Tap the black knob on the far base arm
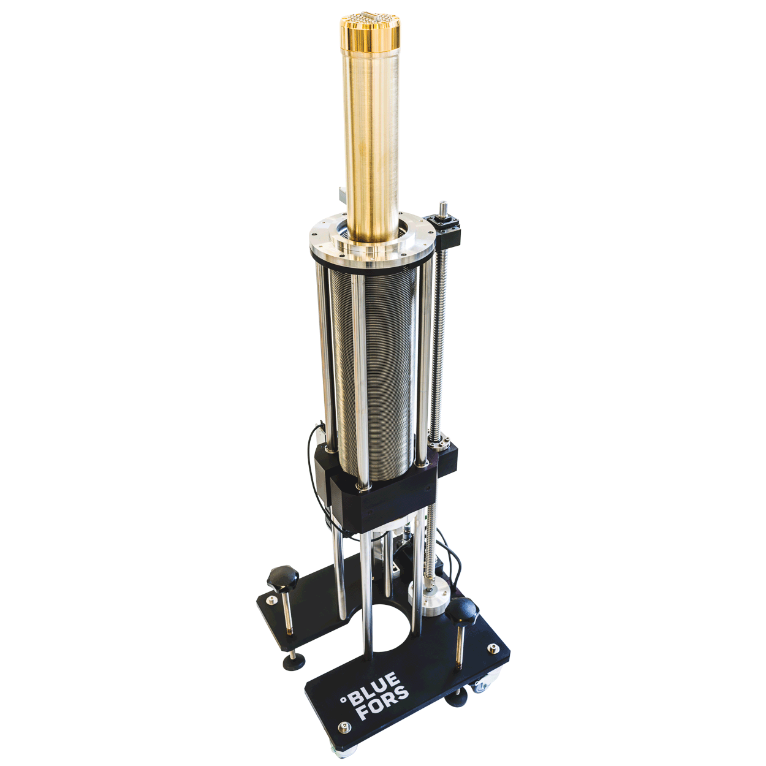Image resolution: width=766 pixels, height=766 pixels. coord(283,577)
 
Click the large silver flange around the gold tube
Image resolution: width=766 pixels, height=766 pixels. coord(371,248)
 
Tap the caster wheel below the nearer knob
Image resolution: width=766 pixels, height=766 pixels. coord(482,686)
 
